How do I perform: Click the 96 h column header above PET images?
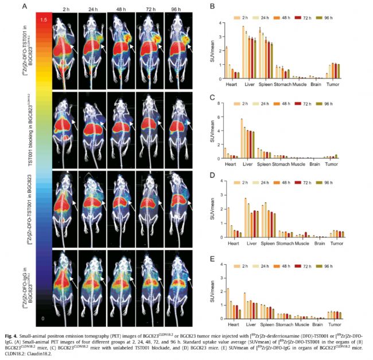click(178, 9)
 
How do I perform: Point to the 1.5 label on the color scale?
click(43, 20)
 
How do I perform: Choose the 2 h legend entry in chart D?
click(242, 183)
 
